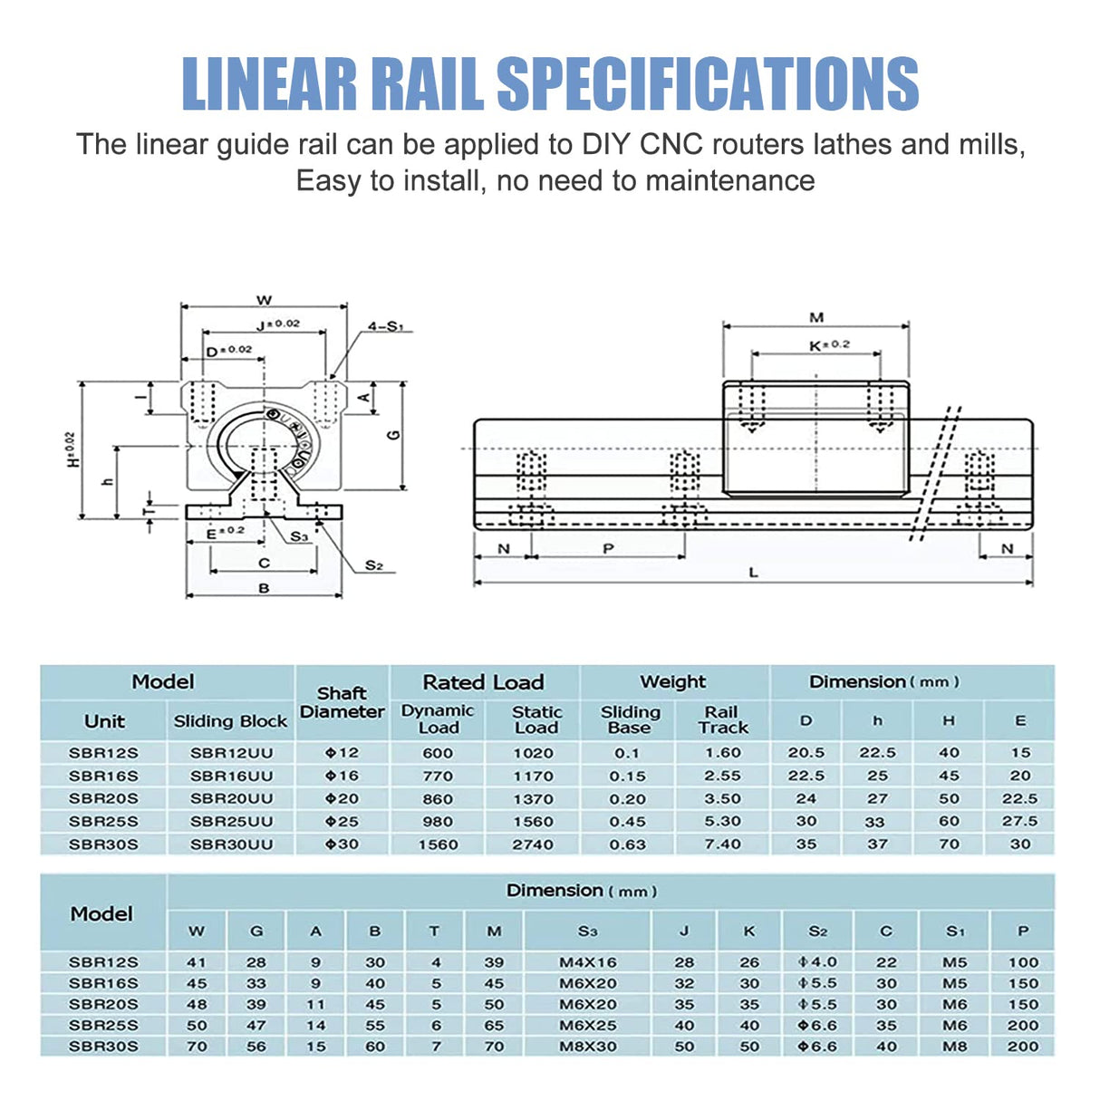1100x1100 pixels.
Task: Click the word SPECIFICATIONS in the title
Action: (x=708, y=83)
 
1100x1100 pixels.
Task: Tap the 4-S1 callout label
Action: (x=386, y=326)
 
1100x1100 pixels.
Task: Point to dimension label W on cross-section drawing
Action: (x=264, y=300)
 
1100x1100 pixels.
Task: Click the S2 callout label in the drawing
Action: (x=374, y=565)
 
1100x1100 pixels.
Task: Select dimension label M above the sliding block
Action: (x=816, y=317)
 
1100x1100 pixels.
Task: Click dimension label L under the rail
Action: (x=753, y=573)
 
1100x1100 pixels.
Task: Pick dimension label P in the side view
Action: (x=608, y=548)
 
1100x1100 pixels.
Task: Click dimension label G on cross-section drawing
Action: (x=394, y=435)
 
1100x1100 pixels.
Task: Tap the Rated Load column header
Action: (x=483, y=682)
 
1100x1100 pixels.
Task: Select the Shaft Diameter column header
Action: (x=342, y=702)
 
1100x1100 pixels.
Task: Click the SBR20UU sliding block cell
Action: (x=231, y=798)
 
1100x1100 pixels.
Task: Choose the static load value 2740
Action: (x=533, y=844)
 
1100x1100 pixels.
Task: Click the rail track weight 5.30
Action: (x=722, y=821)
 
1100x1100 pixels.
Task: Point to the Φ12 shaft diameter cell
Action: (x=342, y=752)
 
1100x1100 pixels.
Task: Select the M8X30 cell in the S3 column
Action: (x=587, y=1046)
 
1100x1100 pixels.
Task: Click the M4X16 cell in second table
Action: (x=587, y=962)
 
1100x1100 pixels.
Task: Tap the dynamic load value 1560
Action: (x=438, y=844)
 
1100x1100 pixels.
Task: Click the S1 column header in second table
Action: (x=955, y=931)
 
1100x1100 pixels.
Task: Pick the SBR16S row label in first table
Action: (x=103, y=776)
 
